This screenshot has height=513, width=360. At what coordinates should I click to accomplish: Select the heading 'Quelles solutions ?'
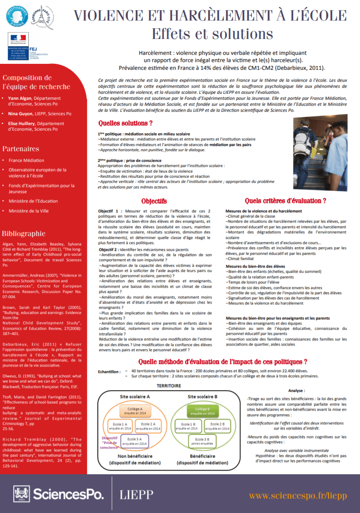pyautogui.click(x=126, y=123)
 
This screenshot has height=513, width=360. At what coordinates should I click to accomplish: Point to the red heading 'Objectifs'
pyautogui.click(x=154, y=201)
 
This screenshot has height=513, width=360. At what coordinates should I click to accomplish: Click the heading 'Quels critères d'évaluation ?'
pyautogui.click(x=285, y=200)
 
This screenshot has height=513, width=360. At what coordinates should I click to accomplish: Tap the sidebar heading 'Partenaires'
pyautogui.click(x=21, y=149)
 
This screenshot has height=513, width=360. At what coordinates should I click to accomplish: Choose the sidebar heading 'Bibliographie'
pyautogui.click(x=24, y=233)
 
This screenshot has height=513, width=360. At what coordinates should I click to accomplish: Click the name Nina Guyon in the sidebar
pyautogui.click(x=20, y=113)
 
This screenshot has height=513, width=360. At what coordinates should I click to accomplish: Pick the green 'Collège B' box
pyautogui.click(x=202, y=412)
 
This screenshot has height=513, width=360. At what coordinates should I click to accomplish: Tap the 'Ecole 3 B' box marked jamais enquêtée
pyautogui.click(x=202, y=441)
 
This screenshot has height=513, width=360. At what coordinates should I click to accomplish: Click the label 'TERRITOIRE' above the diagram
pyautogui.click(x=168, y=385)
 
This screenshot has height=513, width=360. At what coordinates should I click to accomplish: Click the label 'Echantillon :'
pyautogui.click(x=110, y=372)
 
